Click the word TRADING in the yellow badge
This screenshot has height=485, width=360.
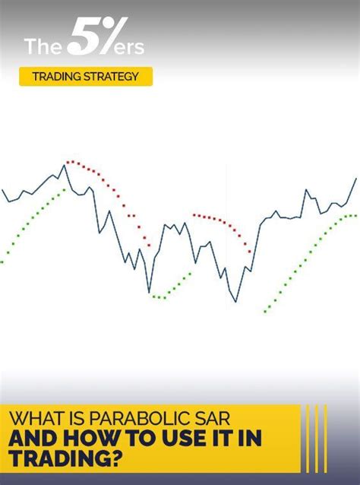56,77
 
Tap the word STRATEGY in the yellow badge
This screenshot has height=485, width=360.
111,77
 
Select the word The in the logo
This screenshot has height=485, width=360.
43,46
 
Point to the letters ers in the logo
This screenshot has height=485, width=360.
129,48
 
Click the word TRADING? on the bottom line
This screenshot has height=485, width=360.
65,458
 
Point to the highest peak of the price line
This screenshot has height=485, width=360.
65,165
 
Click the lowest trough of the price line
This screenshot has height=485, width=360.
235,302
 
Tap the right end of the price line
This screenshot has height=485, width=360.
356,179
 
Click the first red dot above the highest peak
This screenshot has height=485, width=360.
68,162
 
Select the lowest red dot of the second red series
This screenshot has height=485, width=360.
249,252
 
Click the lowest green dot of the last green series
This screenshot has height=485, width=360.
265,312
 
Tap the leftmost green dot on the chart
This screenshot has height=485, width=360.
2,262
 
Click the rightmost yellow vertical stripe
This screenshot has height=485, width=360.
325,439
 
